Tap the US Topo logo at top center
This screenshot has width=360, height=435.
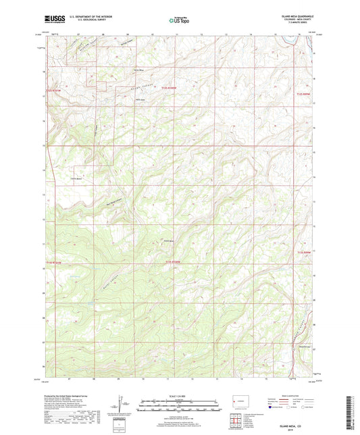point(179,20)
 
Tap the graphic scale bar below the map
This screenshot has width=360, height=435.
point(179,407)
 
